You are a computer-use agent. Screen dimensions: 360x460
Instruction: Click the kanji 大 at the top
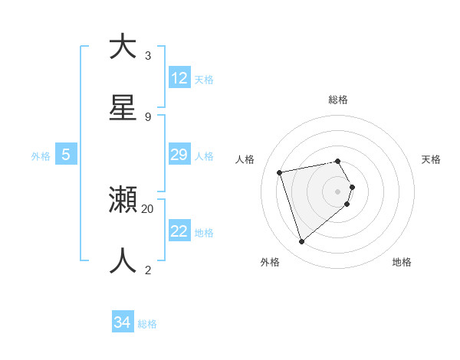pos(123,47)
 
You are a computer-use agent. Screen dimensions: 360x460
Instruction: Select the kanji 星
pos(123,108)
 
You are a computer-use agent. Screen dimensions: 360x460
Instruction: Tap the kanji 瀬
pos(123,200)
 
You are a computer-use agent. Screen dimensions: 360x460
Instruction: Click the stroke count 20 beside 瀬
pos(148,208)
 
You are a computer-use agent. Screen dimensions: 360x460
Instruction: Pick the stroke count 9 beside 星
pos(148,116)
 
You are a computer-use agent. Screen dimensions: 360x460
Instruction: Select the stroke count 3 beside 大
pos(148,55)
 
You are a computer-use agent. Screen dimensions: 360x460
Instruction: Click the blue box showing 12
pos(179,78)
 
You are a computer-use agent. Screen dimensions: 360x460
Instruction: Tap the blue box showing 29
pos(179,155)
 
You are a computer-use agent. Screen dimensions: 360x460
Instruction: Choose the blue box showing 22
pos(179,231)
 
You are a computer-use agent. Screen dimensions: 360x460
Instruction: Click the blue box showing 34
pos(123,322)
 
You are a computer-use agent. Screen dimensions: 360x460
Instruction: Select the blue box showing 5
pos(66,155)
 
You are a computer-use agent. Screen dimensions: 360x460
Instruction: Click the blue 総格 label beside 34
pos(147,324)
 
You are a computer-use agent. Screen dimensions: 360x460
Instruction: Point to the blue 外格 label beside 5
pos(41,156)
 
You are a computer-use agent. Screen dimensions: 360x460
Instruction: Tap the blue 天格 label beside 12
pos(204,80)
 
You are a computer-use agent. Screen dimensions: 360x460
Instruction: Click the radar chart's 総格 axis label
pos(338,100)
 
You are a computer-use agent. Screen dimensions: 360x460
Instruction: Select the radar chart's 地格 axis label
pos(402,262)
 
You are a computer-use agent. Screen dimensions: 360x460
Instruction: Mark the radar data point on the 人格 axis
pos(280,172)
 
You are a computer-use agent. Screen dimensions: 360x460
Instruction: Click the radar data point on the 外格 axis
pos(301,242)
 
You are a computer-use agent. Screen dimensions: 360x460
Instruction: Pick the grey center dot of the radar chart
pos(338,191)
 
